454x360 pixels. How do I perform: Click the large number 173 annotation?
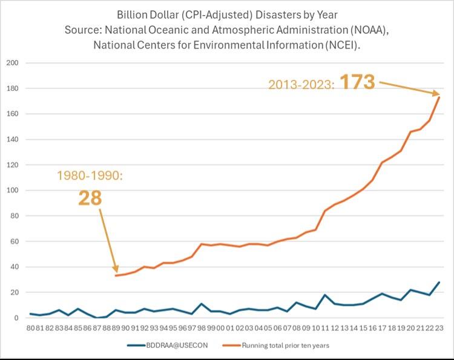[358, 82]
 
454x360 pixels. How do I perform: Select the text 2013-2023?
[300, 85]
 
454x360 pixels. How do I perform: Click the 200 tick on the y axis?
[12, 63]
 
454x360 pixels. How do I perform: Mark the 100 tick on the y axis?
[12, 191]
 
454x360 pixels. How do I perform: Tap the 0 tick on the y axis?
[15, 318]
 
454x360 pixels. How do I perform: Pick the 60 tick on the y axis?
[13, 241]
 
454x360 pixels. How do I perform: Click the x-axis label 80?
[30, 327]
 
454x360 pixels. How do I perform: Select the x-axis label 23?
[439, 327]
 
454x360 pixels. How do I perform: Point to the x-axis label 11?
[325, 327]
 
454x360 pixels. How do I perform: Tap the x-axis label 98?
[202, 327]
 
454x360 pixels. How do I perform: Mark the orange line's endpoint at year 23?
[439, 97]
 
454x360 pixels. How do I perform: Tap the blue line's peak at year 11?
[325, 295]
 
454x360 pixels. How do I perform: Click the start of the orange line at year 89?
[116, 275]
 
